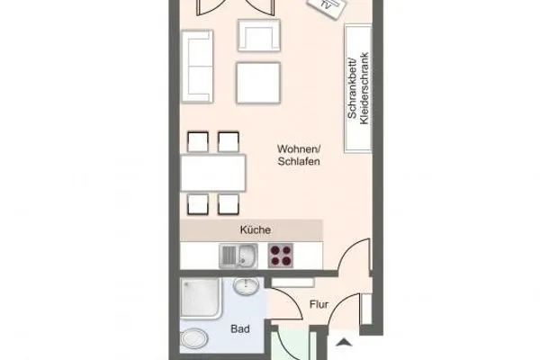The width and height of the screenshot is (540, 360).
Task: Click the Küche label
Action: [x=255, y=230]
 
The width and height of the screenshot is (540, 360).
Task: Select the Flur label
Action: [x=319, y=303]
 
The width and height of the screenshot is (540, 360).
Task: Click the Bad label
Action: [x=239, y=329]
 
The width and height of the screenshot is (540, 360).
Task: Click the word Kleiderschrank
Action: [x=364, y=88]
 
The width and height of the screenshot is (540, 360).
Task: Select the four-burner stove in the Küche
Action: [x=282, y=256]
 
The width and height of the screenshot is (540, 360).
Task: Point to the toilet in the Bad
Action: [x=194, y=340]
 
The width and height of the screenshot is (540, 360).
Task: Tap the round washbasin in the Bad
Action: [x=245, y=287]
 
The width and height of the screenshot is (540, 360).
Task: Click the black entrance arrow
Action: [x=345, y=340]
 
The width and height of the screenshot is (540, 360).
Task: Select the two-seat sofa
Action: [x=197, y=67]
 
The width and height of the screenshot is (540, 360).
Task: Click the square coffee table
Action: [x=259, y=84]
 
